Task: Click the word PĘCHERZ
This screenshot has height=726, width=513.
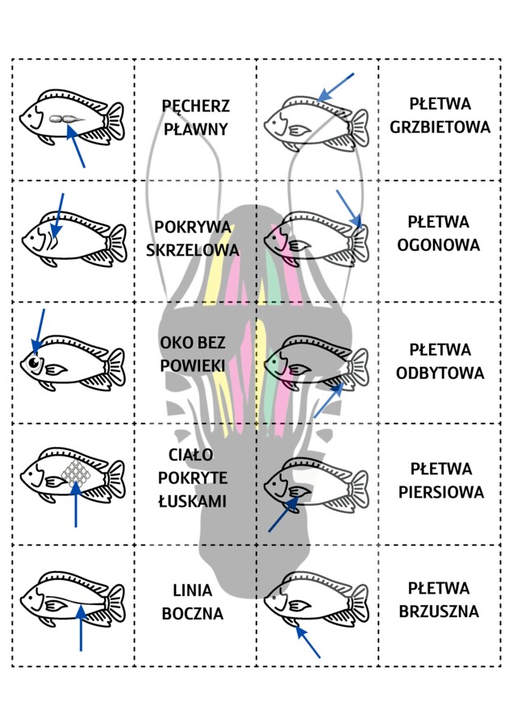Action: (195, 106)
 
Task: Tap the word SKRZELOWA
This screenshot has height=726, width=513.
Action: (193, 250)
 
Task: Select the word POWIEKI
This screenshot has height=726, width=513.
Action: (192, 365)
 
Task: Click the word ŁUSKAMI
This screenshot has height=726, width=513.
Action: (192, 502)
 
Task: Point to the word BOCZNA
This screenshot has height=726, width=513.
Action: (192, 613)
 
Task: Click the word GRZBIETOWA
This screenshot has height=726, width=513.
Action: (440, 127)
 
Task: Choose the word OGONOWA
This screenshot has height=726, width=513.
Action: (439, 244)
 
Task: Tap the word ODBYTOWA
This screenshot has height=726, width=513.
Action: (440, 373)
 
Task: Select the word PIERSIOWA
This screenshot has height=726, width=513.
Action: (440, 491)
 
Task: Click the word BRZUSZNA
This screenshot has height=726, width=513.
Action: (440, 611)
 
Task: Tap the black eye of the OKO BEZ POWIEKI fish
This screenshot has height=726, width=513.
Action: (35, 364)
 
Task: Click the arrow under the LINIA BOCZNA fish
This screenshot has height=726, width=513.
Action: (80, 629)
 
